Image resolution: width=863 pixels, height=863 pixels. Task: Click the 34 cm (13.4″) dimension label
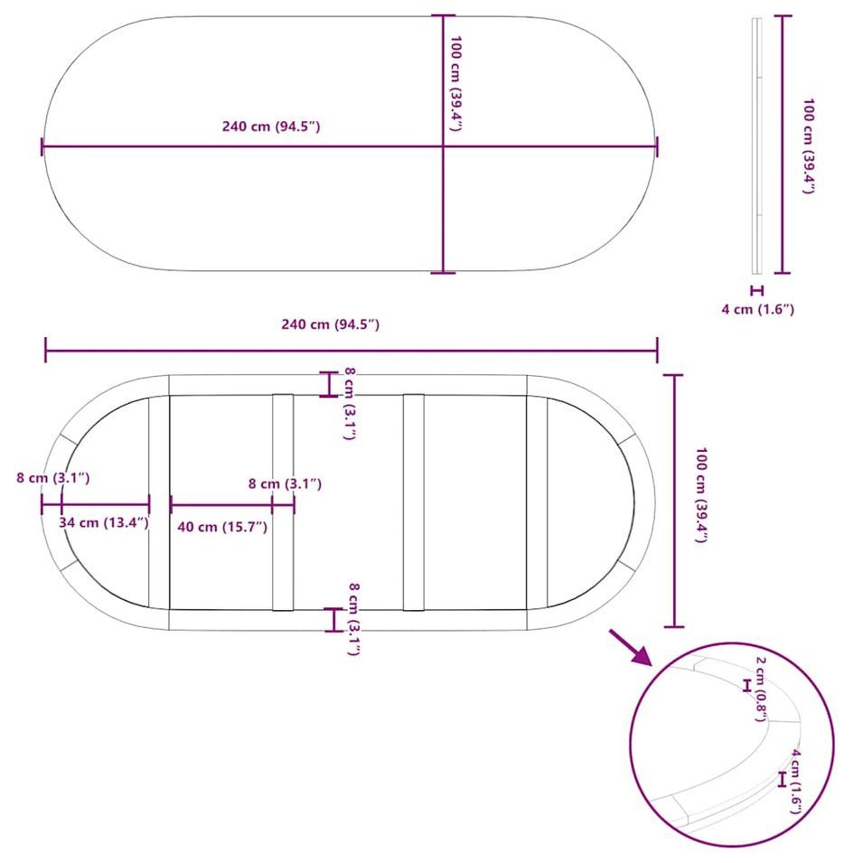104,522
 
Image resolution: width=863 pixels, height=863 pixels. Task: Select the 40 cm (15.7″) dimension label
222,527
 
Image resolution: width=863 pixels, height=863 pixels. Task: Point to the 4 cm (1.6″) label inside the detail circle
796,782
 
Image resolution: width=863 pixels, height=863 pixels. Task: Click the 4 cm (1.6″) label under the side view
758,309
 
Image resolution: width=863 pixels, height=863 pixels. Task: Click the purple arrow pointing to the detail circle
631,647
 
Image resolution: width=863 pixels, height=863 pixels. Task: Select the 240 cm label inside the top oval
271,127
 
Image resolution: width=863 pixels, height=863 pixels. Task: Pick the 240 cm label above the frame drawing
330,324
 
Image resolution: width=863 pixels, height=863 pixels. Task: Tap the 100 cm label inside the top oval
455,84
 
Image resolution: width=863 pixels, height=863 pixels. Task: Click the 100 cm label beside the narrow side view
808,145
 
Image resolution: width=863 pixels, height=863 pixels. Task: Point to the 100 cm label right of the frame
700,495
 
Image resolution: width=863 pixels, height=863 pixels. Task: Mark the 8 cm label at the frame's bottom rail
354,619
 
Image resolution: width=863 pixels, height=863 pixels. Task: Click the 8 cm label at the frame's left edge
52,478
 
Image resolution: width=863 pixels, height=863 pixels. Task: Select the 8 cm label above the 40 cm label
285,483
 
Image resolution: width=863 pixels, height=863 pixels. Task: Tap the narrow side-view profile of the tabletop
757,145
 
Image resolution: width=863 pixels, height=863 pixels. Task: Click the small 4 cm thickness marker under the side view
757,291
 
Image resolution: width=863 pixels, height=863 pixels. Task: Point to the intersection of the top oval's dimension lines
443,146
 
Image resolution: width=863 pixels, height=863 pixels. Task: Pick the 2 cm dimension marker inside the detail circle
746,685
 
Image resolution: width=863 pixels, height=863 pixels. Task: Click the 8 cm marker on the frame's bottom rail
333,620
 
